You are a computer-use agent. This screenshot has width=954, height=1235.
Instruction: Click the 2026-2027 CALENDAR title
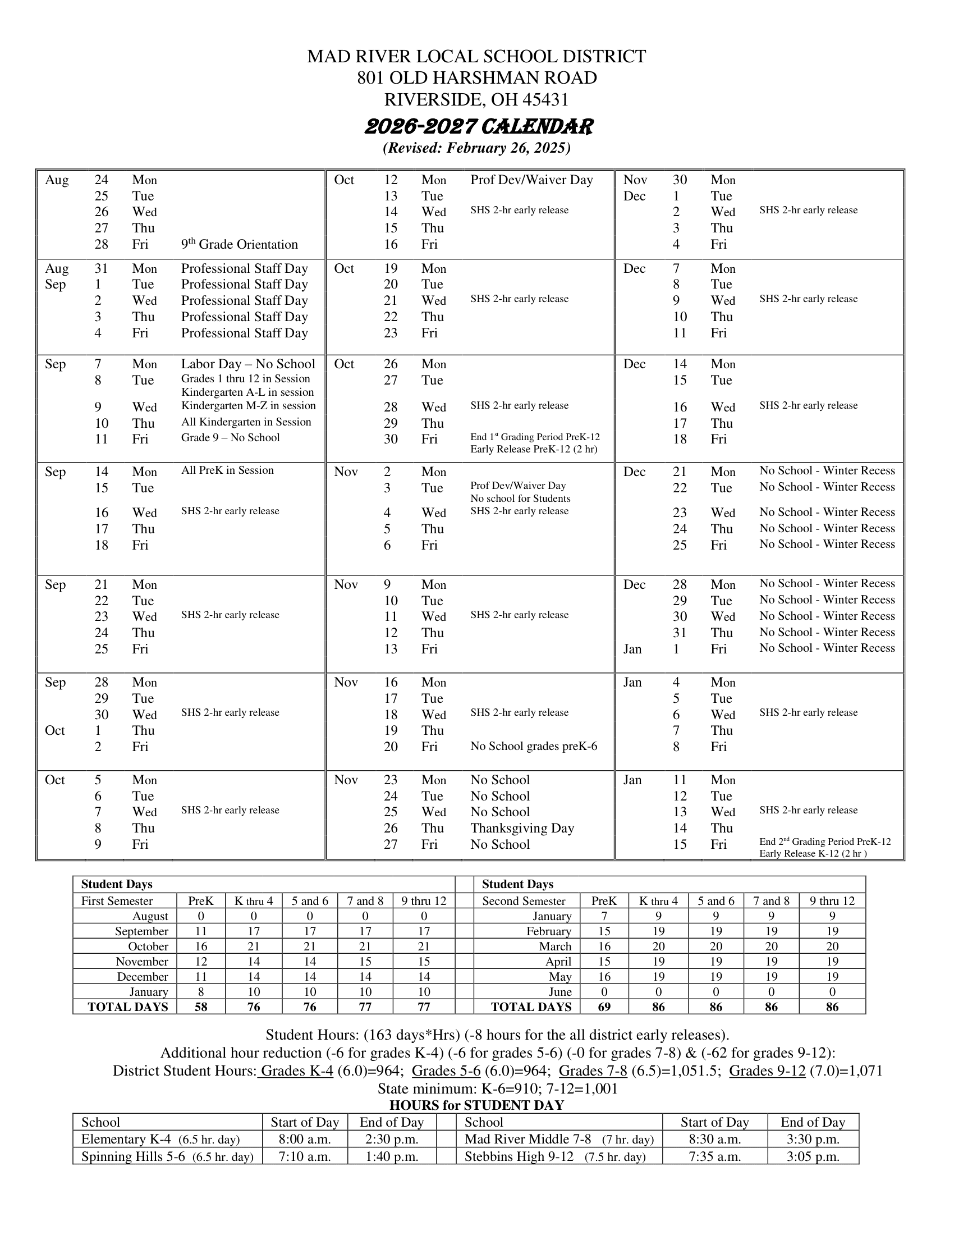479,127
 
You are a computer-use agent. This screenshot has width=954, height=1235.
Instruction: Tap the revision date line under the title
476,148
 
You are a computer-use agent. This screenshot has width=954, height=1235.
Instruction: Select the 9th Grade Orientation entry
239,244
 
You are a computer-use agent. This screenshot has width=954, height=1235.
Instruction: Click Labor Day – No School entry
247,364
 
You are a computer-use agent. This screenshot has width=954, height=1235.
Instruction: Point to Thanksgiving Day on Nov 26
522,828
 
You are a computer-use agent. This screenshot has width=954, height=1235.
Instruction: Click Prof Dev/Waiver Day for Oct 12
531,180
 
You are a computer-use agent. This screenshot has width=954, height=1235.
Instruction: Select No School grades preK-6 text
533,747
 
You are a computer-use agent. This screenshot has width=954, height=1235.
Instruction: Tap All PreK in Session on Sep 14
227,470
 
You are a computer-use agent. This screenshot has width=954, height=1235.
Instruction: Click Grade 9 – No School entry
230,438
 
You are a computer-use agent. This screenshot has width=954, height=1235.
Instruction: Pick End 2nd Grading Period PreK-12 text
824,841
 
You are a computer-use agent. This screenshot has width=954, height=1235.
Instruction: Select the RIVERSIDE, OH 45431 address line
476,99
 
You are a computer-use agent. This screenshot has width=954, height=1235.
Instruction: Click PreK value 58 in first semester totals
201,1007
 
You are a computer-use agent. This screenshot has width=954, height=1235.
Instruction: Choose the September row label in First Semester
141,931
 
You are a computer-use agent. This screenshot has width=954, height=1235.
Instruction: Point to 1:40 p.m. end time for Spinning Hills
391,1157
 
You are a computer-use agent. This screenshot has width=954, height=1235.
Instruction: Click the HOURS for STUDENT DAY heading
476,1105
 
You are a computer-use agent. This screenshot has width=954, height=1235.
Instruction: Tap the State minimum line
497,1088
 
